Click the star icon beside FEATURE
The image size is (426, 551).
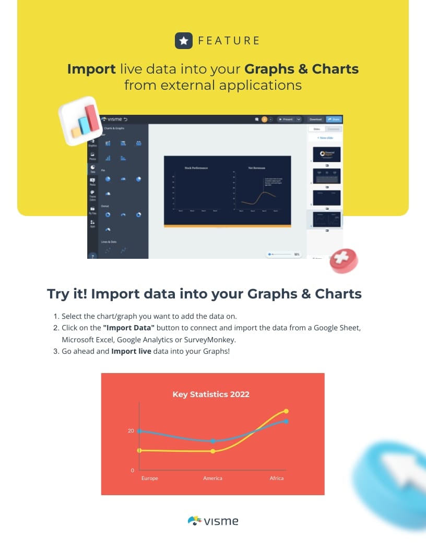[183, 41]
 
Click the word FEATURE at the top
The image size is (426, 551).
[229, 41]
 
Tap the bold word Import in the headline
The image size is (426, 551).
[91, 69]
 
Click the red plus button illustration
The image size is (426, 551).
[343, 260]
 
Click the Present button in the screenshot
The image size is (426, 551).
[287, 119]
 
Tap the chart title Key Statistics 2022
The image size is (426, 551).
[211, 394]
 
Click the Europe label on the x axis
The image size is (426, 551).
[150, 478]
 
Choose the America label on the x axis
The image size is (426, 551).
[212, 478]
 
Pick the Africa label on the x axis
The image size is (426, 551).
[277, 478]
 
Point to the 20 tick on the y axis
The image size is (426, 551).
[131, 431]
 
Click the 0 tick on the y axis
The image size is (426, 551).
[133, 471]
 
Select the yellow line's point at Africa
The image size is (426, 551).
[286, 411]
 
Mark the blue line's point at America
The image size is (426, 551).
[213, 441]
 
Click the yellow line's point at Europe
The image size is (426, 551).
[139, 450]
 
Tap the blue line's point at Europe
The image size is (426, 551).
[139, 431]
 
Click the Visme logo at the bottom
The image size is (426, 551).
[213, 521]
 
